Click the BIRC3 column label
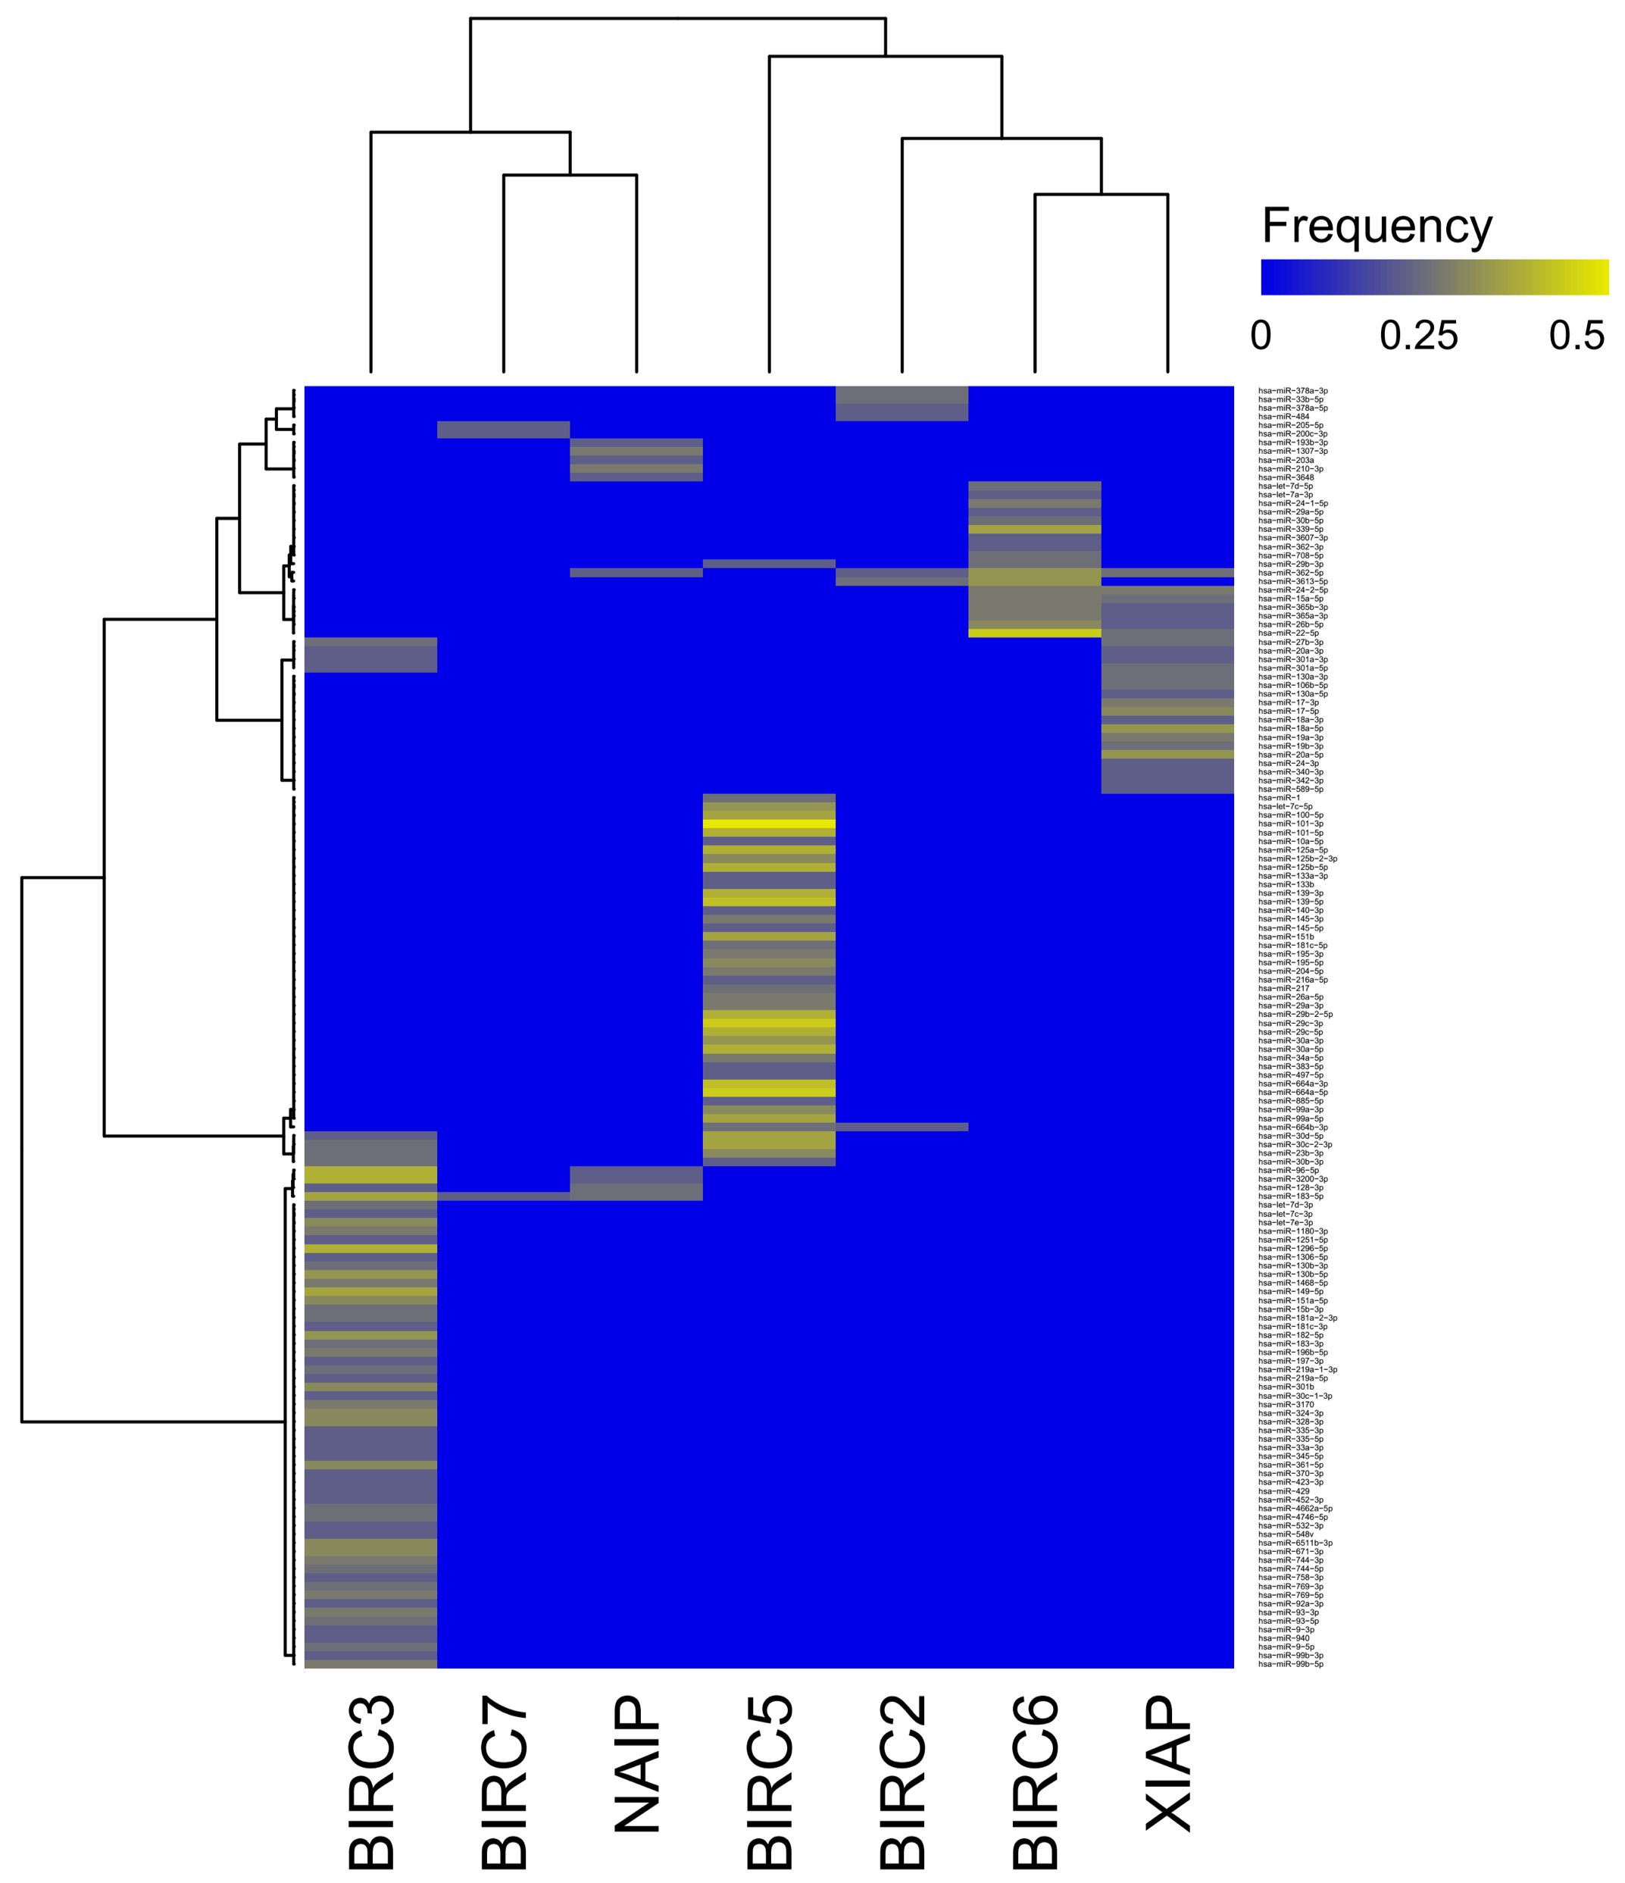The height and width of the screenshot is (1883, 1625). click(x=371, y=1782)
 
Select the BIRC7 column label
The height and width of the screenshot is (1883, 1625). click(x=504, y=1782)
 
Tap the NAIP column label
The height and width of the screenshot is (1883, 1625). click(x=636, y=1763)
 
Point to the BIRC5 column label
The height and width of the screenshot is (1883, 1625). click(x=770, y=1782)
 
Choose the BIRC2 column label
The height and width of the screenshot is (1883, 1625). click(x=903, y=1782)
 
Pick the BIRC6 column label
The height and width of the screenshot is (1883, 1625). click(x=1036, y=1782)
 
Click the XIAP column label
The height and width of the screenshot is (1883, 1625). click(x=1168, y=1763)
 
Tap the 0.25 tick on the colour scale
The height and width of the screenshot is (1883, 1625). click(x=1418, y=336)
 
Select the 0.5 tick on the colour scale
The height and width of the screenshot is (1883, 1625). click(x=1577, y=336)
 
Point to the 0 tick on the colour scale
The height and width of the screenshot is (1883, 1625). click(x=1261, y=336)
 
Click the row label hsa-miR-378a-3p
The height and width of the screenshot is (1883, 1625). click(x=1292, y=391)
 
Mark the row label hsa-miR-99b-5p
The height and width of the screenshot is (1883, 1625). click(x=1290, y=1664)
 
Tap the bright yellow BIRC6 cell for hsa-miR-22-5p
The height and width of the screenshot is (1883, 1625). click(x=1035, y=633)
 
